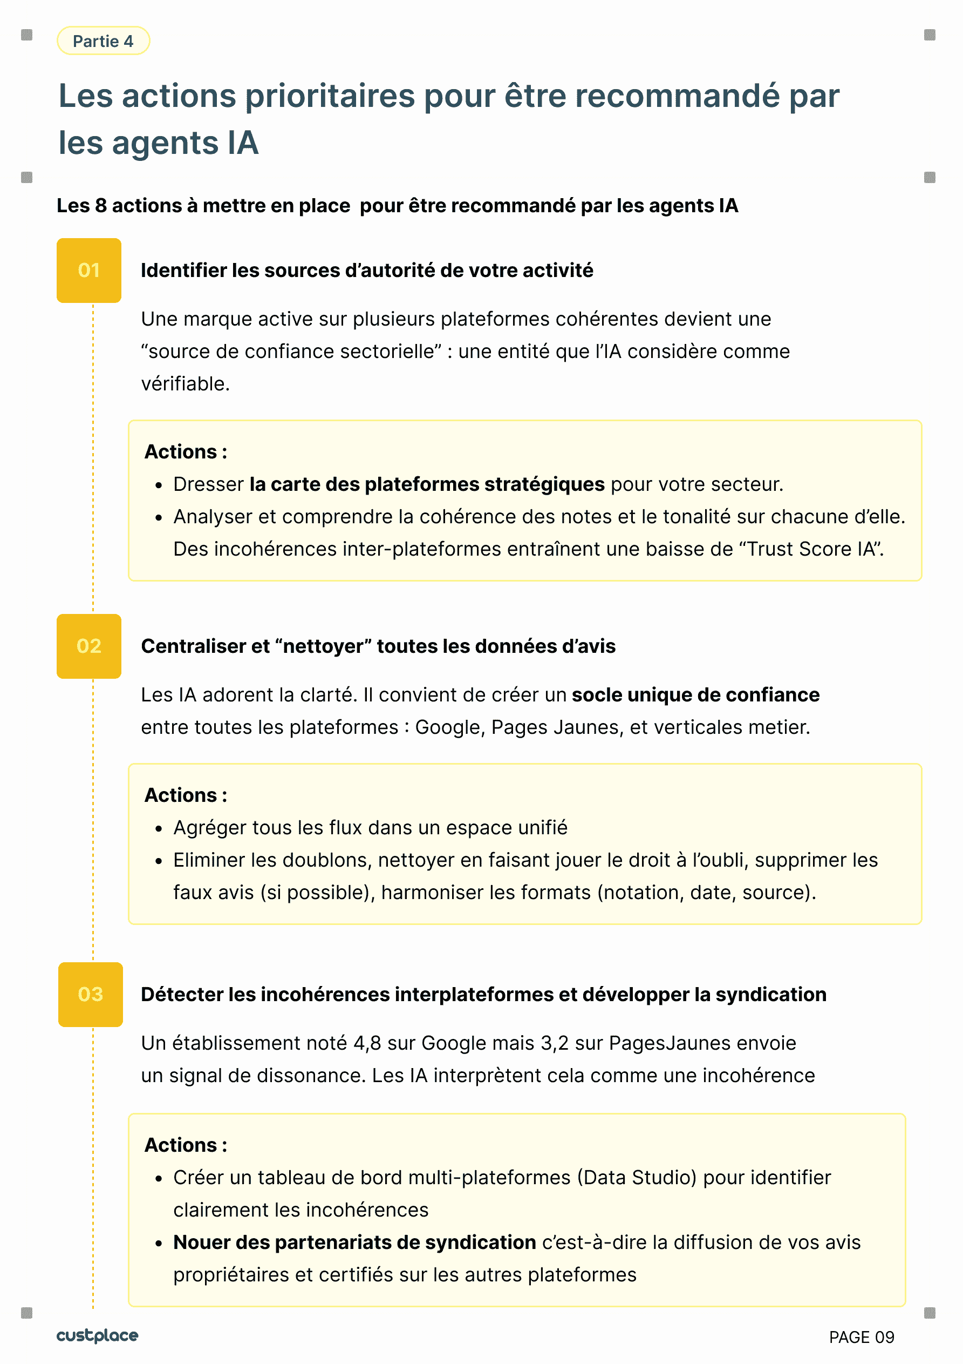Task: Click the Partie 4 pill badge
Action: pyautogui.click(x=103, y=41)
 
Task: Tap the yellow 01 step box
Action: pyautogui.click(x=89, y=271)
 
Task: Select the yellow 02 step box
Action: pyautogui.click(x=89, y=646)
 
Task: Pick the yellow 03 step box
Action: pyautogui.click(x=90, y=994)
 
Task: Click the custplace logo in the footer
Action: pyautogui.click(x=97, y=1335)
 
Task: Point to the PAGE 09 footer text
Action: pyautogui.click(x=861, y=1337)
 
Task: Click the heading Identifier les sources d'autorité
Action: pyautogui.click(x=367, y=271)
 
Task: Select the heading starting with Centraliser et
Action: pyautogui.click(x=378, y=646)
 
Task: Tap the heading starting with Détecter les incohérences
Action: pyautogui.click(x=483, y=994)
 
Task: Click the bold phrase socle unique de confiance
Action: pyautogui.click(x=695, y=694)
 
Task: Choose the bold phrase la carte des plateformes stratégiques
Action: pyautogui.click(x=427, y=484)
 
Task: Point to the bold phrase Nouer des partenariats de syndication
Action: pyautogui.click(x=354, y=1242)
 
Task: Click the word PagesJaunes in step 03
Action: pyautogui.click(x=670, y=1043)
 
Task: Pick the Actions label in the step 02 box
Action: pyautogui.click(x=186, y=795)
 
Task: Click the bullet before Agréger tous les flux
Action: pyautogui.click(x=159, y=829)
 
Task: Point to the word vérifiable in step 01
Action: pyautogui.click(x=185, y=384)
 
